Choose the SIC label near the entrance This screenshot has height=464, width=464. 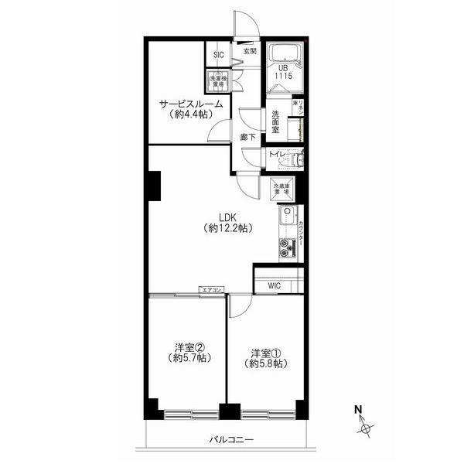click(219, 55)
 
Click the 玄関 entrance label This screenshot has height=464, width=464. click(249, 51)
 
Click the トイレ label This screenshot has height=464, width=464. click(277, 155)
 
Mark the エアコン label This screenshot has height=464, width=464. click(211, 290)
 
